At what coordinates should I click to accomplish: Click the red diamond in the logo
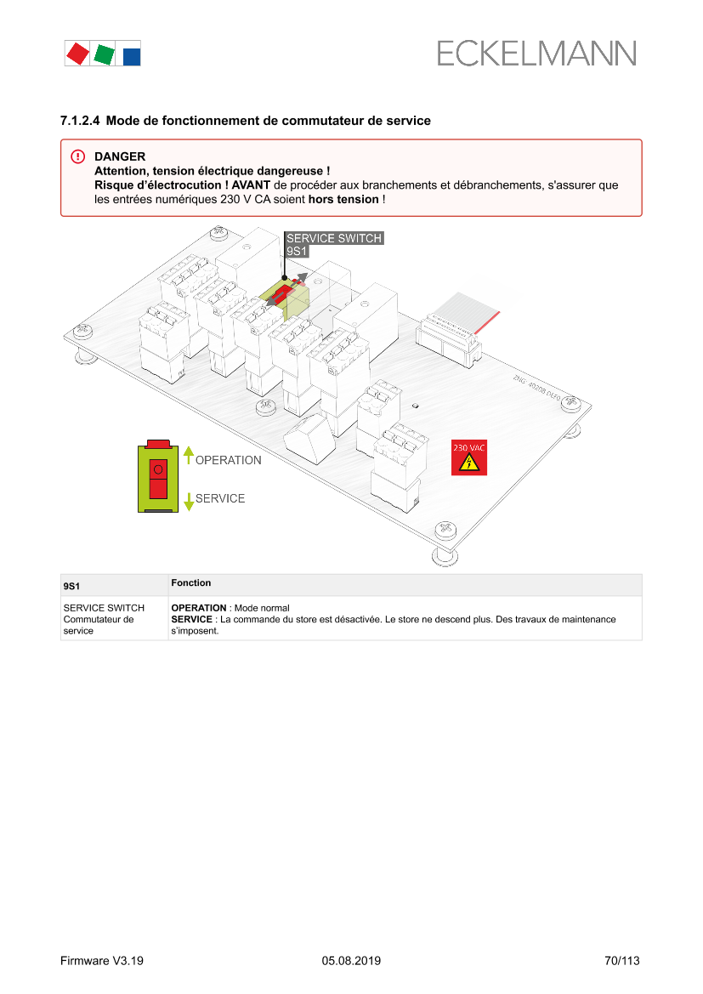[x=78, y=54]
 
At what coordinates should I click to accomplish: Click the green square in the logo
[x=104, y=54]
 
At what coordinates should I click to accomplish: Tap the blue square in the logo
[x=131, y=56]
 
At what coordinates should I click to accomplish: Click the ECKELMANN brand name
[x=536, y=54]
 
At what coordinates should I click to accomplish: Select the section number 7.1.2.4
[x=80, y=121]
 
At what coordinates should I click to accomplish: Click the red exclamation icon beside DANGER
[x=78, y=156]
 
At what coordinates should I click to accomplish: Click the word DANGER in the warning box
[x=120, y=156]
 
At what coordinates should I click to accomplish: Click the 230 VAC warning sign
[x=469, y=457]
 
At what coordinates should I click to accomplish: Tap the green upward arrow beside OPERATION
[x=188, y=455]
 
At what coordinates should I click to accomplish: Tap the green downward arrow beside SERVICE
[x=188, y=502]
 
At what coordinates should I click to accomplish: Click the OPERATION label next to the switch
[x=228, y=460]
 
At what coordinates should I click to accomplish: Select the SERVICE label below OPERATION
[x=220, y=498]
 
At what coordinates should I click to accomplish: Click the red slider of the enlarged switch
[x=158, y=479]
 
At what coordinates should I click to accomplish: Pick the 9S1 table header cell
[x=71, y=587]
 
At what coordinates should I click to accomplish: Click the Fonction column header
[x=190, y=582]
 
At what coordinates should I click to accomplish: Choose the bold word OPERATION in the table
[x=198, y=608]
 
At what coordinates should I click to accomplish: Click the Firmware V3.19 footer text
[x=102, y=960]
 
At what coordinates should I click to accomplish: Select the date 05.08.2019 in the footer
[x=351, y=960]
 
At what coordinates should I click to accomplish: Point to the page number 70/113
[x=622, y=960]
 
